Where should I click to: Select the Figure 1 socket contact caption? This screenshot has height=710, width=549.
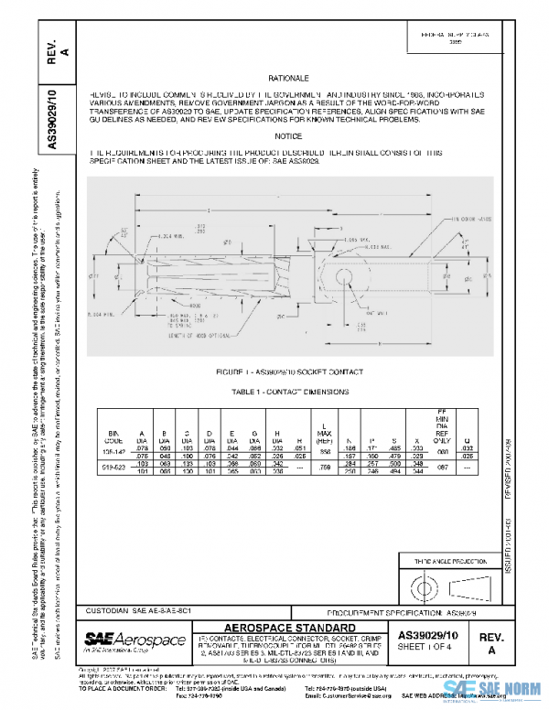[x=289, y=372]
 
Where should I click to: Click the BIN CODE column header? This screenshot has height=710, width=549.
[x=113, y=436]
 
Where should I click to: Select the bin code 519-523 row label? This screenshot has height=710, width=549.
[x=113, y=467]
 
